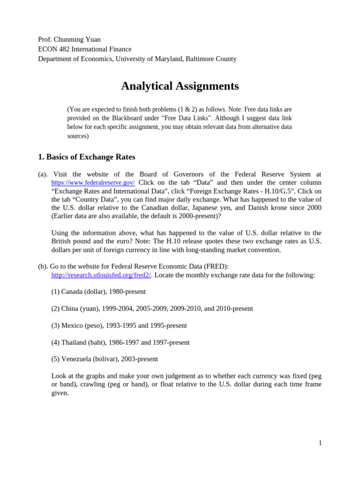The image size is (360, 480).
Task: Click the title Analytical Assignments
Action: (180, 86)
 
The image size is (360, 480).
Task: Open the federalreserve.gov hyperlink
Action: (93, 182)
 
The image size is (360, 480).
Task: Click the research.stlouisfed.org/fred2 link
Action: (101, 275)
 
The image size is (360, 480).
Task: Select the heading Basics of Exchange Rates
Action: (86, 157)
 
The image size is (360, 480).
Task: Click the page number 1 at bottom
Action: (320, 443)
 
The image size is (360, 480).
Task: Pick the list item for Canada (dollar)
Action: (98, 292)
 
